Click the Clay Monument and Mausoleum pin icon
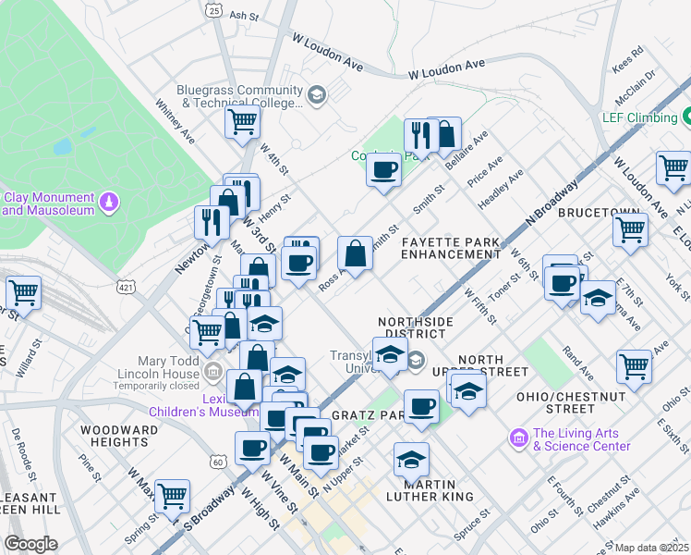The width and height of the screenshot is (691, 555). pyautogui.click(x=109, y=201)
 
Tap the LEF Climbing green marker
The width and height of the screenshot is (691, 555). pyautogui.click(x=687, y=117)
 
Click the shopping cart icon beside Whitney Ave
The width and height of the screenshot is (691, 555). pyautogui.click(x=242, y=120)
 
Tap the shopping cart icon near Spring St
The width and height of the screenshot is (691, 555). pyautogui.click(x=172, y=497)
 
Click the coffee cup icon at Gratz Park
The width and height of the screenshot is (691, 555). pyautogui.click(x=422, y=406)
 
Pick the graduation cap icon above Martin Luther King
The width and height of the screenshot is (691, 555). pyautogui.click(x=411, y=458)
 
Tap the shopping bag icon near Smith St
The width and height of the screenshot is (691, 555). pyautogui.click(x=355, y=253)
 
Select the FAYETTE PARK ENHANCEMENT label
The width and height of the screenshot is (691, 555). pyautogui.click(x=450, y=247)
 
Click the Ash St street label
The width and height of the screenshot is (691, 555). pyautogui.click(x=243, y=16)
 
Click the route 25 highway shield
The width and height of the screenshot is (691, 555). pyautogui.click(x=214, y=11)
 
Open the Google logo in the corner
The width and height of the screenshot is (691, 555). pyautogui.click(x=30, y=543)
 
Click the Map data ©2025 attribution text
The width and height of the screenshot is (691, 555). pyautogui.click(x=650, y=548)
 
